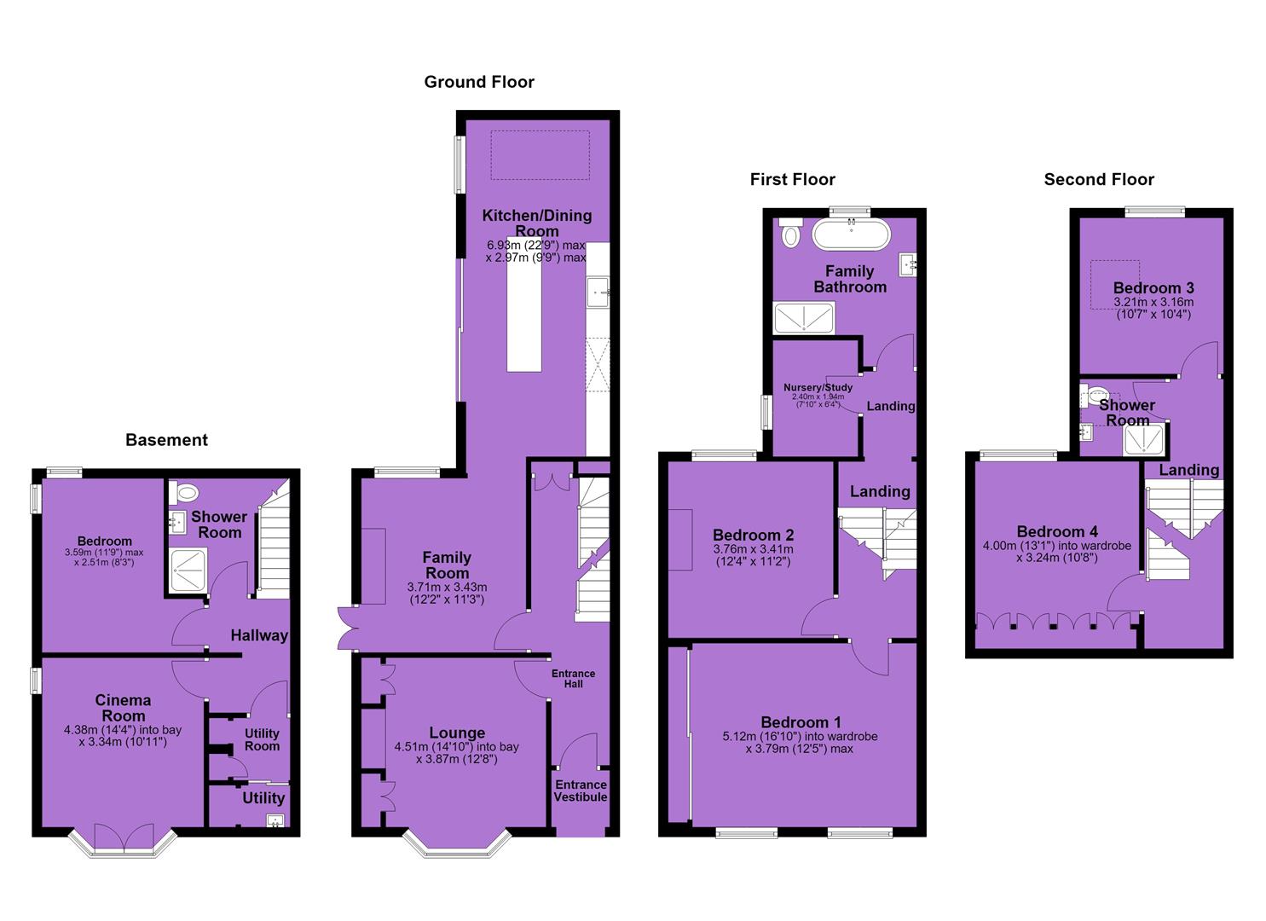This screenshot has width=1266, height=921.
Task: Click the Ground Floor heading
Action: [x=479, y=83]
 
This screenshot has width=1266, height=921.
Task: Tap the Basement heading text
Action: [x=167, y=440]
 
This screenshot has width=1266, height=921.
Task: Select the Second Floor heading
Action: [x=1099, y=180]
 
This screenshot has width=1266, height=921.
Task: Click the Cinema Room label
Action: [x=124, y=708]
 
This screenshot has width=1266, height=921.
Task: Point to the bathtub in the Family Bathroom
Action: [x=851, y=235]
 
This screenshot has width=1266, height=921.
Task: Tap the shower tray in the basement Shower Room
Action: [x=188, y=570]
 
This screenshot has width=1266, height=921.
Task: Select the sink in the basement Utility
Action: [x=276, y=821]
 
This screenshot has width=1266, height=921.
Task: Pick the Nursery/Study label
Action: [x=818, y=388]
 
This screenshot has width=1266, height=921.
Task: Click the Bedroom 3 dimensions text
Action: [x=1153, y=308]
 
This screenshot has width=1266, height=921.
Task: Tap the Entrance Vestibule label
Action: [x=581, y=791]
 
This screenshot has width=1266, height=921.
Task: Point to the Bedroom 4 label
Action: [x=1057, y=531]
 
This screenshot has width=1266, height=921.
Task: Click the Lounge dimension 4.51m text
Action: [x=457, y=747]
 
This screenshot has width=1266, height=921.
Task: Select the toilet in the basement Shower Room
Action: [x=183, y=492]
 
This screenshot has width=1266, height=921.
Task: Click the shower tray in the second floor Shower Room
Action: [x=1144, y=439]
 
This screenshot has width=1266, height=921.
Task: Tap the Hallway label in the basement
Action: [x=259, y=635]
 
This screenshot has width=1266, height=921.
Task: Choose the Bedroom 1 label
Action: [x=801, y=722]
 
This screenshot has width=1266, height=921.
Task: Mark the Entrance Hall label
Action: [x=573, y=679]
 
